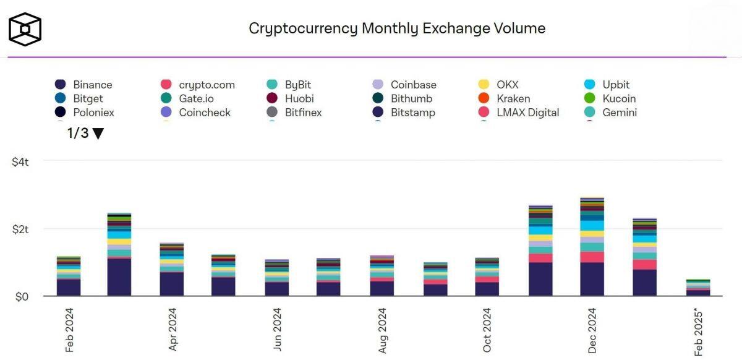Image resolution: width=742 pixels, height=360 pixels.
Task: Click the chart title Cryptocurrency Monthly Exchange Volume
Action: [396, 28]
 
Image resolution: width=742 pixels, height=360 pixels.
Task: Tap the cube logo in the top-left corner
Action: [25, 29]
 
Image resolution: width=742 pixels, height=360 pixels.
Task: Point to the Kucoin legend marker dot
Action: [590, 98]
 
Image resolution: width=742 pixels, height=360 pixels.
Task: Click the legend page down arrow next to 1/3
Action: [98, 134]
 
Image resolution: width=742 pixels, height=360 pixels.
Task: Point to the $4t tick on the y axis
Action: [20, 161]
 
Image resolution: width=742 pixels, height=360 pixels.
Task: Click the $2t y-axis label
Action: [20, 229]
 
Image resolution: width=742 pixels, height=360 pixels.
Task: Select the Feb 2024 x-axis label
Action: [69, 330]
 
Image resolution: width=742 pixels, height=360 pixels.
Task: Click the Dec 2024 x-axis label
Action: [592, 330]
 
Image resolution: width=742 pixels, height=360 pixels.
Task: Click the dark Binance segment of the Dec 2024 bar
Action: [592, 280]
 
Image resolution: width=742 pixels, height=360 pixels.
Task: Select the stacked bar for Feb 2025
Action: [697, 288]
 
